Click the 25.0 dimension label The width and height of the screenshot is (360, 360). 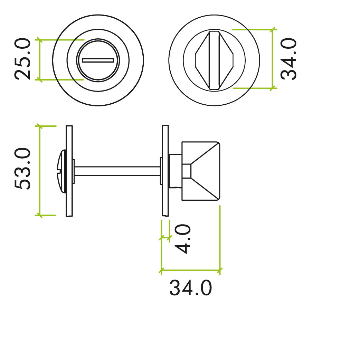coord(23,59)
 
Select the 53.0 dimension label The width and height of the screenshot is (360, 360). coord(23,169)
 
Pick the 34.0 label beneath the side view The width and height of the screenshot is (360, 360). coord(190,288)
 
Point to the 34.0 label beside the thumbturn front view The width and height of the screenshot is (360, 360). coord(288,59)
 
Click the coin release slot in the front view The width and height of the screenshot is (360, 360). coord(98,60)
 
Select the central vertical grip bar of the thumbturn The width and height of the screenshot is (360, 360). coord(214,60)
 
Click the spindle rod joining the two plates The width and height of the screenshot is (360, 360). coord(117,171)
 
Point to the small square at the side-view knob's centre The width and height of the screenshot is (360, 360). coord(187,171)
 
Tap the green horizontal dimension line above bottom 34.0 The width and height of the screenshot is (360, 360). coord(190,270)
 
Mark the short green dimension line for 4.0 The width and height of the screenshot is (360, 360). coord(165,238)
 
